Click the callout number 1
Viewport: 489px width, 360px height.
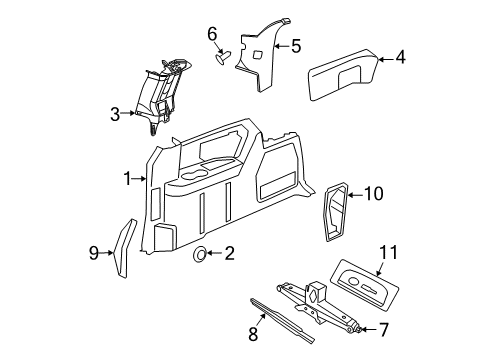click(127, 178)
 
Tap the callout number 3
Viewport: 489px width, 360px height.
click(116, 114)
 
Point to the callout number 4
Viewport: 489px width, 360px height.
click(400, 58)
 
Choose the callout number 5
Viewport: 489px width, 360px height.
click(296, 45)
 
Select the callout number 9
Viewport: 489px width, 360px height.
click(93, 253)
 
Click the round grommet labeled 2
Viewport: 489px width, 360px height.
click(200, 256)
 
